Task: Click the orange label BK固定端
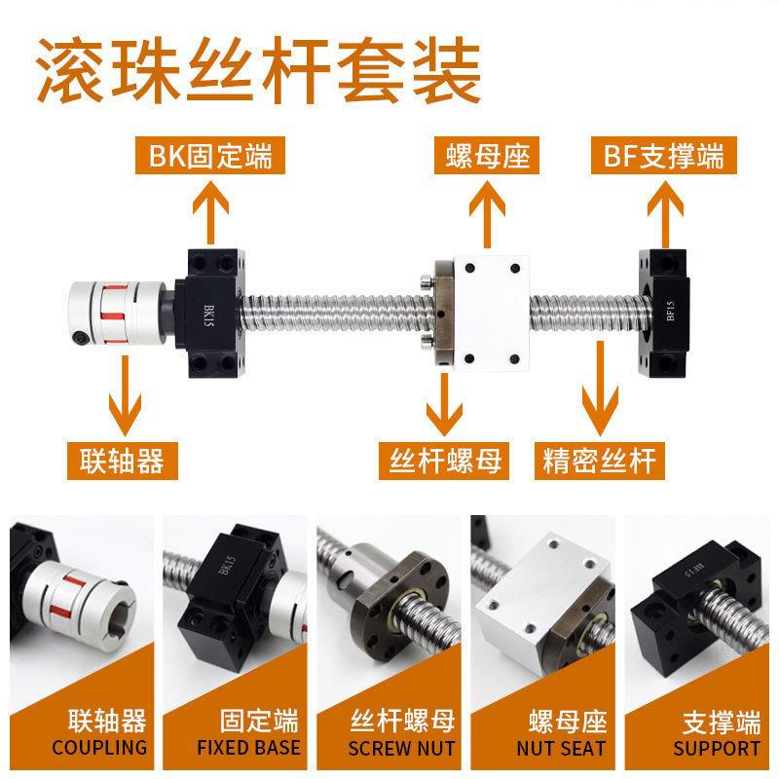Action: pyautogui.click(x=210, y=156)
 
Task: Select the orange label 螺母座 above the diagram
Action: pyautogui.click(x=487, y=156)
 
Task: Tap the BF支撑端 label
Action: pyautogui.click(x=664, y=156)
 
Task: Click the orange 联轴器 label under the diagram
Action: pyautogui.click(x=123, y=461)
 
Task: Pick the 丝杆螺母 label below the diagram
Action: pyautogui.click(x=444, y=461)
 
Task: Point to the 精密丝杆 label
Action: pyautogui.click(x=600, y=461)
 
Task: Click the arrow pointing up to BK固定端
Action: pyautogui.click(x=210, y=212)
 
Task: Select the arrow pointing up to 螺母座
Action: pyautogui.click(x=488, y=213)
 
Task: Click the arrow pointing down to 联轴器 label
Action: pyautogui.click(x=125, y=396)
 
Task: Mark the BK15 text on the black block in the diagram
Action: pyautogui.click(x=209, y=315)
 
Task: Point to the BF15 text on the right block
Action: pyautogui.click(x=671, y=311)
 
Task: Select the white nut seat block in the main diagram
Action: pyautogui.click(x=491, y=313)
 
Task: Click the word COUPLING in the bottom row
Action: pyautogui.click(x=99, y=747)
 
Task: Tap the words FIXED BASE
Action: pyautogui.click(x=249, y=747)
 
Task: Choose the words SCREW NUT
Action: pyautogui.click(x=401, y=748)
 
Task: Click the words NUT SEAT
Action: pyautogui.click(x=562, y=748)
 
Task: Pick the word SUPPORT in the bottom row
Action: pyautogui.click(x=717, y=748)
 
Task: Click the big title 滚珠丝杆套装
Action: pyautogui.click(x=258, y=71)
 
